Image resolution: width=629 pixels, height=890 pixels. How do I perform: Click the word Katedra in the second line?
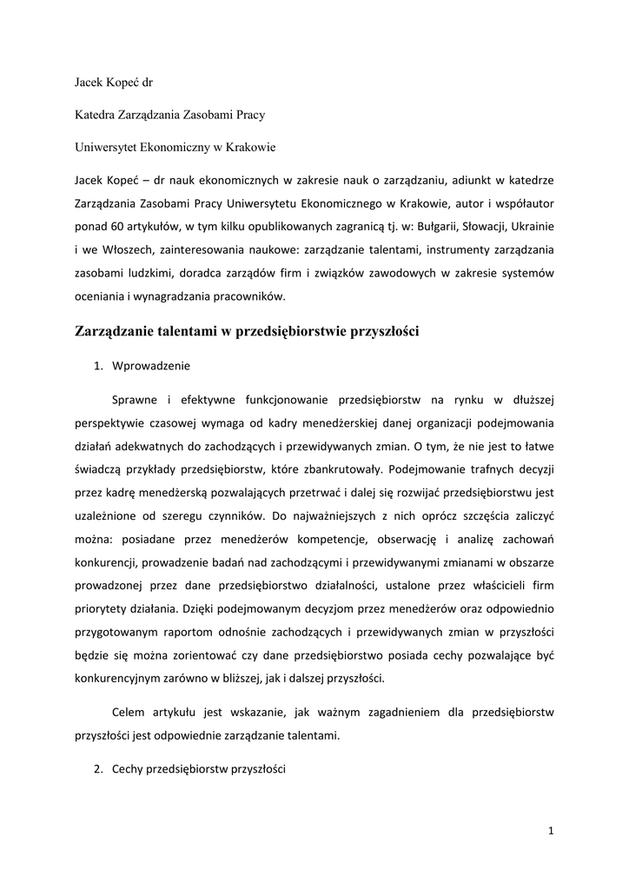coord(94,115)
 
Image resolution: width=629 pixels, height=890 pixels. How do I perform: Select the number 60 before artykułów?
coord(112,227)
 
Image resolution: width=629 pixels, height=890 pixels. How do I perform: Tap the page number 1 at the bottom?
coord(551,831)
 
